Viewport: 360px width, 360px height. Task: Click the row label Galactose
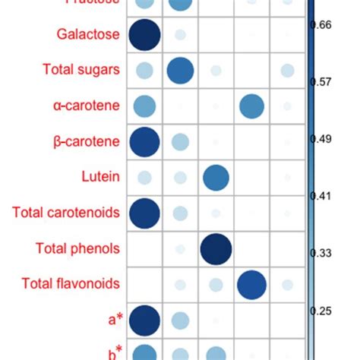pyautogui.click(x=87, y=35)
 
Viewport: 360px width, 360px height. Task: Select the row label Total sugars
pyautogui.click(x=81, y=71)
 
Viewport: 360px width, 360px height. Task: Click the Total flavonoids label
pyautogui.click(x=71, y=284)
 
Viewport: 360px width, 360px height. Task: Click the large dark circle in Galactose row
pyautogui.click(x=144, y=35)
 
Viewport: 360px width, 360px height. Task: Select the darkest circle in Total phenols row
pyautogui.click(x=216, y=248)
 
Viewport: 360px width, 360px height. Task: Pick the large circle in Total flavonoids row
pyautogui.click(x=251, y=284)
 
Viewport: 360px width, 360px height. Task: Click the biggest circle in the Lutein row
pyautogui.click(x=216, y=177)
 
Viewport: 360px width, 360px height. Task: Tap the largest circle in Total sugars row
pyautogui.click(x=180, y=71)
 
